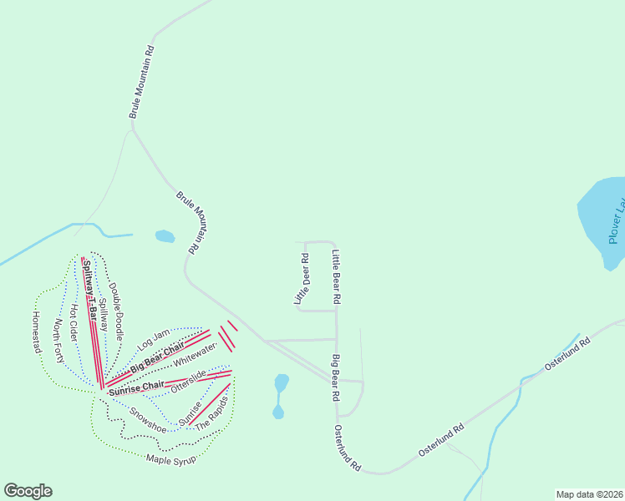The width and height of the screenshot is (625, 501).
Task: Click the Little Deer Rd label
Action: tap(301, 279)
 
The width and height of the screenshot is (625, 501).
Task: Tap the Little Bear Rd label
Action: tap(337, 276)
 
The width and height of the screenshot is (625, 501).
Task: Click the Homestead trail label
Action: tap(36, 331)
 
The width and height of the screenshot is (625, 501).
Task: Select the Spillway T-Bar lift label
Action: tap(89, 288)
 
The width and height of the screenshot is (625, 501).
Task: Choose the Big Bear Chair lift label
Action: tap(156, 357)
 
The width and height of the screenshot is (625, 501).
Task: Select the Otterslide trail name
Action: tap(187, 381)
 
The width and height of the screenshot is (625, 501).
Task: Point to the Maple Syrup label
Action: tap(170, 458)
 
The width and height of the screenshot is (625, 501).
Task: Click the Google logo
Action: tap(28, 491)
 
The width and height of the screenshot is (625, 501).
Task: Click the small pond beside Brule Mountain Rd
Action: tap(165, 236)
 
